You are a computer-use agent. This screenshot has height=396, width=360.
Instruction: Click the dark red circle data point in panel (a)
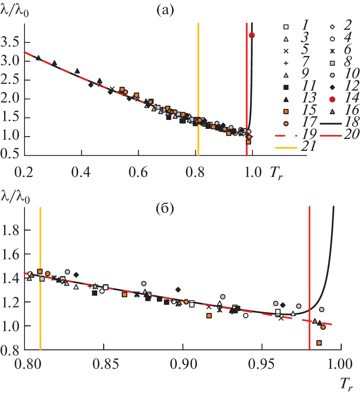click(252, 35)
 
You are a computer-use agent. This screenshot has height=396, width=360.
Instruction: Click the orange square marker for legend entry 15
click(286, 111)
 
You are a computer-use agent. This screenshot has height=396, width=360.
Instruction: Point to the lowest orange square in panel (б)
click(319, 343)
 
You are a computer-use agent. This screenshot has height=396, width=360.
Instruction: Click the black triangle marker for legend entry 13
click(286, 98)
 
